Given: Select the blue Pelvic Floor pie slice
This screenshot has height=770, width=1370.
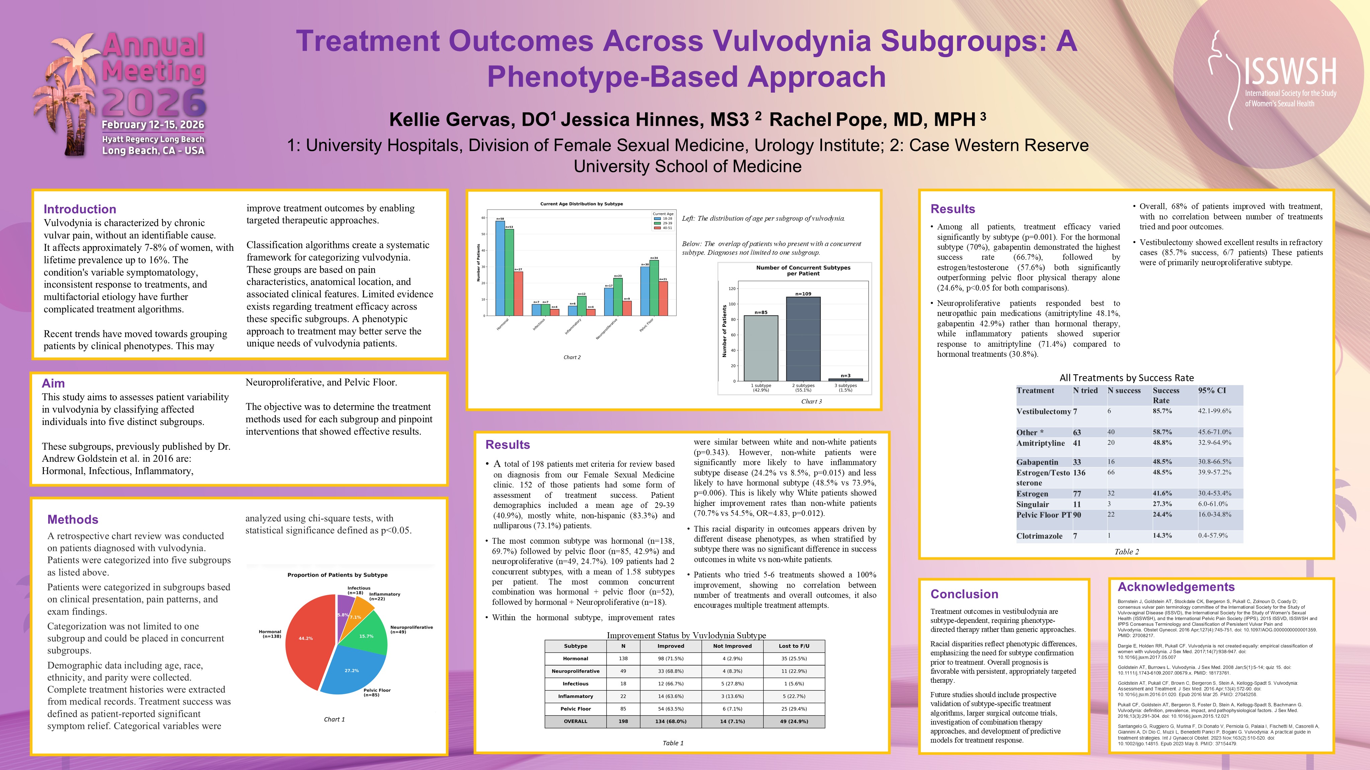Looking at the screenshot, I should [351, 672].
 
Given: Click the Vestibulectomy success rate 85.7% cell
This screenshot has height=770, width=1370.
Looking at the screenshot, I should [1162, 411].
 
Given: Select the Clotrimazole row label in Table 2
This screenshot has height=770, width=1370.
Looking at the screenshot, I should [1039, 536].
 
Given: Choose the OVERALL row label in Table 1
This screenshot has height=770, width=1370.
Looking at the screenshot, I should [575, 721].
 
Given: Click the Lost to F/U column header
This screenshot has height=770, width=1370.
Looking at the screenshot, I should [794, 646].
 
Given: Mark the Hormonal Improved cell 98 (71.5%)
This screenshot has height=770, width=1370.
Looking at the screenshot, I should [671, 658].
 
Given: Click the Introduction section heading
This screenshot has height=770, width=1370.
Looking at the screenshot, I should [80, 209].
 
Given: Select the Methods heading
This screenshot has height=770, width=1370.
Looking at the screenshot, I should [73, 519].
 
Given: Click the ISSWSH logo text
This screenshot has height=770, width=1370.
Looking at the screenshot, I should [1290, 72].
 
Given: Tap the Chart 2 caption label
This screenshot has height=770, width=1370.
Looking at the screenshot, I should [572, 357].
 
